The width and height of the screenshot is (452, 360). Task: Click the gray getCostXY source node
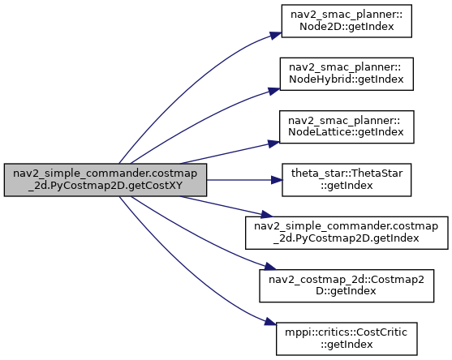[105, 180]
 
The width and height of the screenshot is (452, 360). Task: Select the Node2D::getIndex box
[347, 21]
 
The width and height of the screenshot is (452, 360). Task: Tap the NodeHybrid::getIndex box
[347, 74]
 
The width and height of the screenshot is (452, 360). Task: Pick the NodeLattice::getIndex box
[347, 127]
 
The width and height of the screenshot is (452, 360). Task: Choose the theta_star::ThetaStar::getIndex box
[347, 180]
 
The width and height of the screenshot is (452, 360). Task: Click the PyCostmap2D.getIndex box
[347, 233]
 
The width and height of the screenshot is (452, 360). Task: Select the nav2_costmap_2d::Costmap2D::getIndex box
[347, 286]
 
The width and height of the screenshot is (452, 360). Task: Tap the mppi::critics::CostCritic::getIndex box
[347, 339]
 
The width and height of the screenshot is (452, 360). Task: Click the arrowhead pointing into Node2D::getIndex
[276, 35]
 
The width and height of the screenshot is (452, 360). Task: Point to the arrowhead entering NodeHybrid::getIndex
[274, 91]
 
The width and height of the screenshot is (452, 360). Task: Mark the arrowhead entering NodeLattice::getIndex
[273, 144]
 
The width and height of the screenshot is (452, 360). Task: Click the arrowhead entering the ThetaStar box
[277, 180]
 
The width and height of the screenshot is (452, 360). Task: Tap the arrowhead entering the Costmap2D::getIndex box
[270, 267]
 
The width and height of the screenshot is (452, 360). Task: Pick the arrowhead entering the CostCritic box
[270, 321]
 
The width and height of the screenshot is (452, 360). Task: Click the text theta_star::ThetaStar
[347, 174]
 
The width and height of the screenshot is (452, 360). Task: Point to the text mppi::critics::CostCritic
[347, 332]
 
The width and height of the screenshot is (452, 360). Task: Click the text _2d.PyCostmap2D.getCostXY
[105, 186]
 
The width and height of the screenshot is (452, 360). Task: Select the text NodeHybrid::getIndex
[347, 79]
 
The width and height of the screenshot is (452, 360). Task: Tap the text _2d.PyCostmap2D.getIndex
[347, 238]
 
